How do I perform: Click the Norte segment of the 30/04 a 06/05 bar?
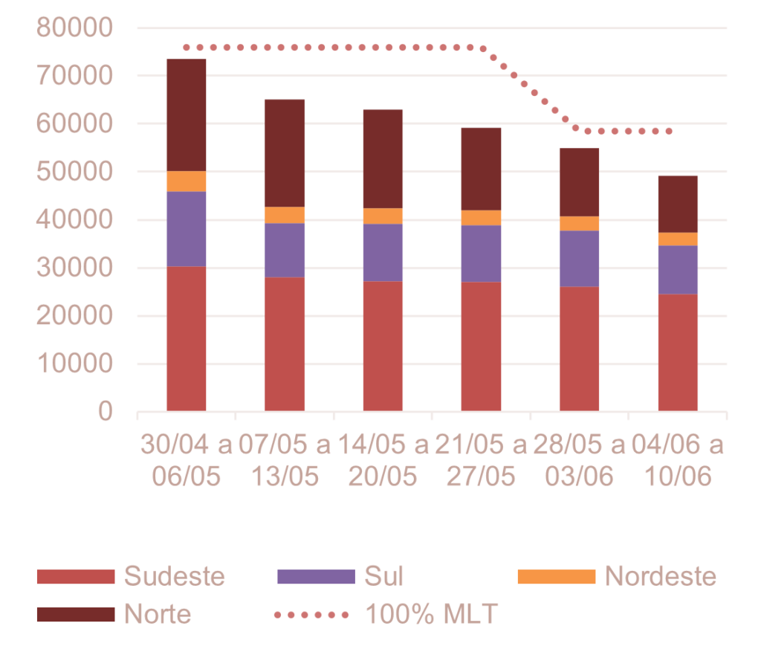187,114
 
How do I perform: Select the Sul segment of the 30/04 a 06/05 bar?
187,228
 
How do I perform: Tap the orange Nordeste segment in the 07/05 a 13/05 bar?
285,215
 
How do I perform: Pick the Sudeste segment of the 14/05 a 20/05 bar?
383,346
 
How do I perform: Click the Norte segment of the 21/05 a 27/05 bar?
481,169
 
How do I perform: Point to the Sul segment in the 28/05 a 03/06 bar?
579,259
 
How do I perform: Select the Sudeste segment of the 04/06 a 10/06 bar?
677,352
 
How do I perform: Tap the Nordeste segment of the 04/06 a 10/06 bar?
677,239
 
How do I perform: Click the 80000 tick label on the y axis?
74,28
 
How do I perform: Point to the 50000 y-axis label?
74,172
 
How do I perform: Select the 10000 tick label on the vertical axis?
74,364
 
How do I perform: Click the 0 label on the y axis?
105,411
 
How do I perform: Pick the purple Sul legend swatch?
316,576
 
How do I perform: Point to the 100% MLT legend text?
431,614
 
